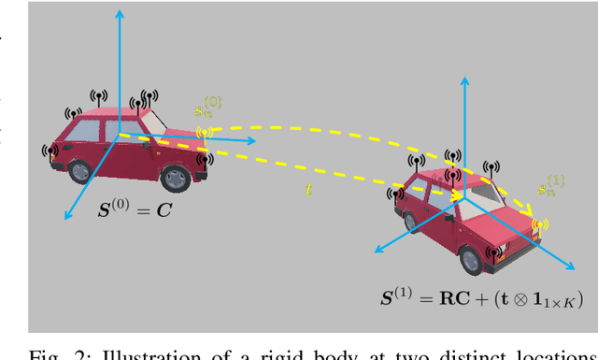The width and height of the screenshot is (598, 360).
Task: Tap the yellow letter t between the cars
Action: click(x=309, y=190)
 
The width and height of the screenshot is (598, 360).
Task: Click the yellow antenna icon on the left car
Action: click(x=203, y=132)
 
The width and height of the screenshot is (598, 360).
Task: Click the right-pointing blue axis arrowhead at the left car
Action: click(x=258, y=142)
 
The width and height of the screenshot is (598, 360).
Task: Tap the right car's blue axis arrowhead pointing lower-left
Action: click(x=376, y=250)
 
